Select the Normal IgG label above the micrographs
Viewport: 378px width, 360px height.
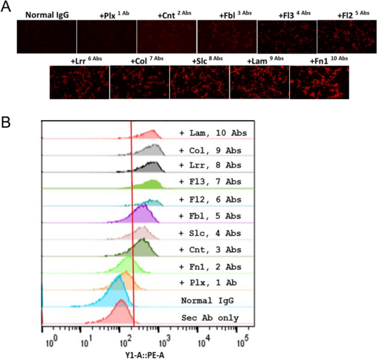47,15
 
